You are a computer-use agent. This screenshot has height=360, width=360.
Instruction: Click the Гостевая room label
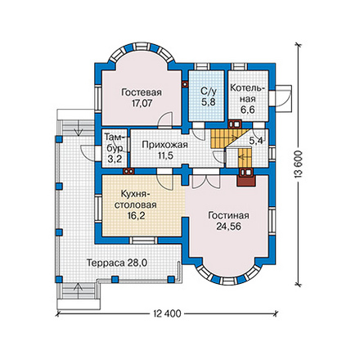[x=142, y=92]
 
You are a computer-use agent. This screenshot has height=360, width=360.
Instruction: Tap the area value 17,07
[x=142, y=103]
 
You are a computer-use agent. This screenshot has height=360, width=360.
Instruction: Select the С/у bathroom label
[x=209, y=92]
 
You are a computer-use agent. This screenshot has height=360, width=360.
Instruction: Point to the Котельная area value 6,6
[x=248, y=110]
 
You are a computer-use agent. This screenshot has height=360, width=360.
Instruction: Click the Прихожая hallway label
[x=164, y=145]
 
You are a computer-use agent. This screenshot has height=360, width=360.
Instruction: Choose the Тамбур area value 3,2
[x=115, y=159]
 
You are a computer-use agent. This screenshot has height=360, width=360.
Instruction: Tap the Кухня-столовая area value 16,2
[x=136, y=216]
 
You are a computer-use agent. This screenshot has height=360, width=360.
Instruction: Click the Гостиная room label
[x=228, y=215]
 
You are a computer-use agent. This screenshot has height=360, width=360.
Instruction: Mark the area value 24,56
[x=228, y=227]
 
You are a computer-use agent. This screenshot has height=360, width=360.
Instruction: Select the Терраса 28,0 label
[x=117, y=263]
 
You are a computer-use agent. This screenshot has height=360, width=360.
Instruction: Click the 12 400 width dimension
[x=167, y=313]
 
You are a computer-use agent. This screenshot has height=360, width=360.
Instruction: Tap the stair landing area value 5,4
[x=256, y=141]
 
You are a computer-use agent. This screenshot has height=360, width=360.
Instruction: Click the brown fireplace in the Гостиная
[x=246, y=180]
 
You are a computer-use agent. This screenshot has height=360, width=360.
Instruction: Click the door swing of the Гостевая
[x=165, y=120]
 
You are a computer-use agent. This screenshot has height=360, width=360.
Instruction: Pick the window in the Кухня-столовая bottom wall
[x=143, y=241]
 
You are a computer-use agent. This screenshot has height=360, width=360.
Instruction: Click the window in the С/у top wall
[x=202, y=67]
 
